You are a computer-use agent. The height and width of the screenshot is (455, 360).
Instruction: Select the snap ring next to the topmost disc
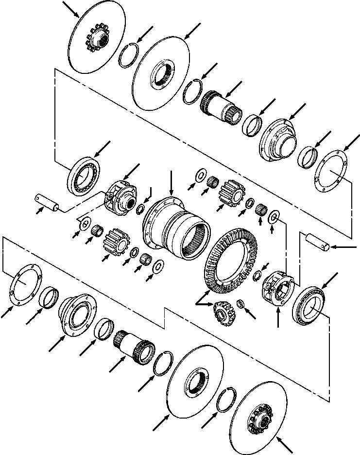(x=131, y=54)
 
